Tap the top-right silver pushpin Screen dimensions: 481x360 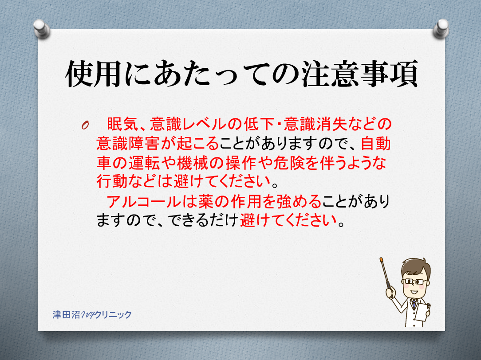[x=441, y=28]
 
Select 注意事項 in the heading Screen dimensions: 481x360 [x=359, y=74]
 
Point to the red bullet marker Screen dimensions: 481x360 [x=85, y=125]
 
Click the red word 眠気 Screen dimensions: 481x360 [x=122, y=124]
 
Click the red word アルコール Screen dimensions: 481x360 [x=144, y=201]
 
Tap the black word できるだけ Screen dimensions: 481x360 [x=203, y=220]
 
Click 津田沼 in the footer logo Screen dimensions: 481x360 [x=66, y=315]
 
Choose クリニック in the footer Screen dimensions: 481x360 [x=113, y=315]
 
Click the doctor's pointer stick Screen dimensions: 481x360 [x=385, y=273]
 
